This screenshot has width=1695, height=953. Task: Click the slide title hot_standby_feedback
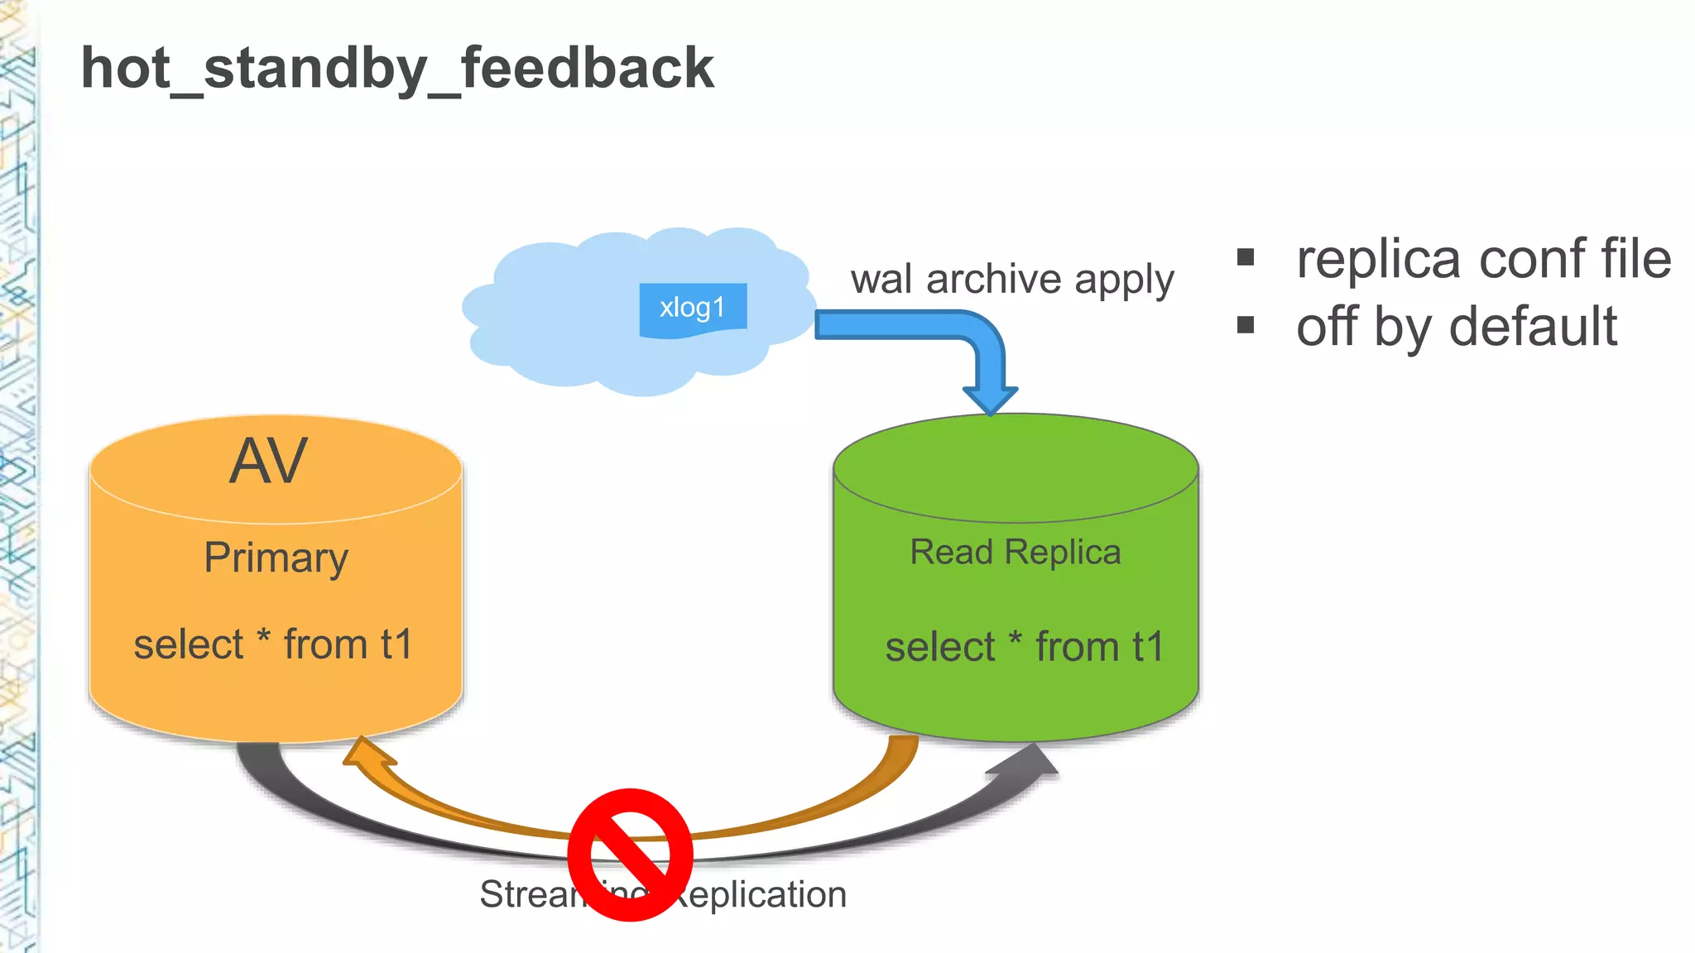(397, 69)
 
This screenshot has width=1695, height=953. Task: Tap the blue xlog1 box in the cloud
(693, 309)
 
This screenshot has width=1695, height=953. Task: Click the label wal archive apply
(1011, 280)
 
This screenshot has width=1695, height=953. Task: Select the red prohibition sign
(631, 855)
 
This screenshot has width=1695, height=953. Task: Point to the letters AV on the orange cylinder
(268, 462)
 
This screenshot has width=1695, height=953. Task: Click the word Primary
(276, 558)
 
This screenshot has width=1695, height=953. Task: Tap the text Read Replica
(1016, 553)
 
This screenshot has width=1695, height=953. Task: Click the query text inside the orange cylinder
(273, 644)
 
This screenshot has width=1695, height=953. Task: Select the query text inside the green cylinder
(1024, 647)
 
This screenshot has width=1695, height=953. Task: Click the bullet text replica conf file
(1483, 259)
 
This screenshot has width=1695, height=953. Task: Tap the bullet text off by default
(1456, 327)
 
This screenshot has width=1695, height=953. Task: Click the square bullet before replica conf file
(1246, 257)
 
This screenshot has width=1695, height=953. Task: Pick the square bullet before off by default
(1246, 324)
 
